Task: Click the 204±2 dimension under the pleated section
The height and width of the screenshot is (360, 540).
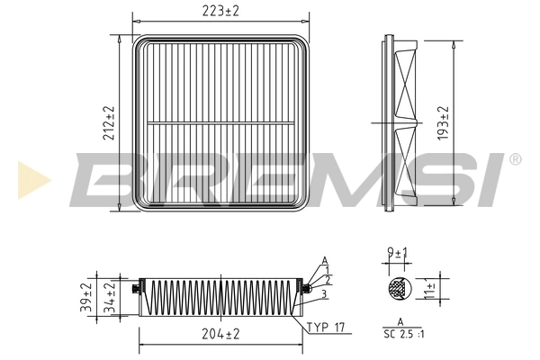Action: click(x=220, y=334)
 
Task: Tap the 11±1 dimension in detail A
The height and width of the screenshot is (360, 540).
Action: click(x=430, y=290)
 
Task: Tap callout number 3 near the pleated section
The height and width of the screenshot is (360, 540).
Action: click(x=321, y=293)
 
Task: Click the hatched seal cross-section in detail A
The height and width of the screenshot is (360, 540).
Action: click(x=396, y=289)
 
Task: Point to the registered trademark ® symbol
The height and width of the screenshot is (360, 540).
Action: click(x=515, y=158)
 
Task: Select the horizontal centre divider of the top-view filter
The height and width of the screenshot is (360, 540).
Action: click(x=221, y=123)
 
